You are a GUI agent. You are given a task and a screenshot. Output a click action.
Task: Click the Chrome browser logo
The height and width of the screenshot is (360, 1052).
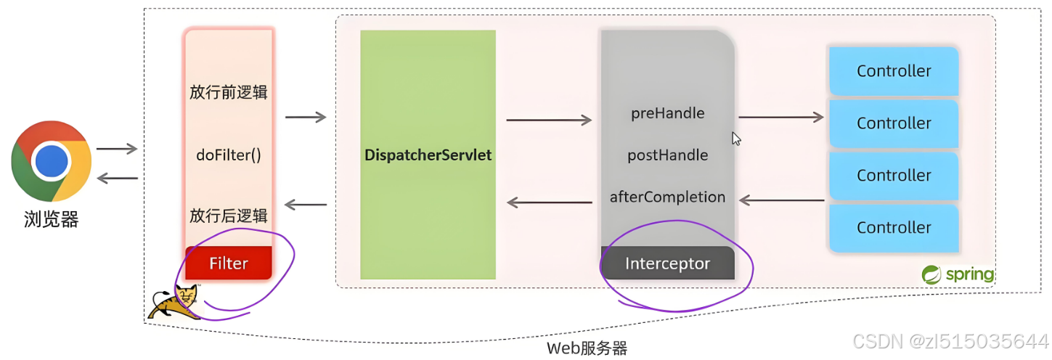[x=51, y=161]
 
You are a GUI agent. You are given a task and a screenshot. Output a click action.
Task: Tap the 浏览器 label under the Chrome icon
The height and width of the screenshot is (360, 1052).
[x=51, y=218]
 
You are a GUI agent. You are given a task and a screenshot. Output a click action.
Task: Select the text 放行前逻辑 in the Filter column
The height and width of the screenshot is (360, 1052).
[x=229, y=92]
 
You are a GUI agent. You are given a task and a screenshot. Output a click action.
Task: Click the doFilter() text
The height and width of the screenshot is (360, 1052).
[x=229, y=155]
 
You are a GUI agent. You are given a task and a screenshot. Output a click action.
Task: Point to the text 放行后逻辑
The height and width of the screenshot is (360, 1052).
[x=229, y=216]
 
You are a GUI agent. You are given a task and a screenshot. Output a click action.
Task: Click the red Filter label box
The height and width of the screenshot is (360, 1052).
[x=229, y=263]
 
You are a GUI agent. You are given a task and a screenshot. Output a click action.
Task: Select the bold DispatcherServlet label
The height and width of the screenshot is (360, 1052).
[x=428, y=155]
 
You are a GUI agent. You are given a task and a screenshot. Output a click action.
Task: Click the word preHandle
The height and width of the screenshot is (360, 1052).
[x=668, y=113]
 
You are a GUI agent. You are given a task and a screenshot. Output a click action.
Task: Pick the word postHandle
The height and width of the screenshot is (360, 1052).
[x=668, y=155]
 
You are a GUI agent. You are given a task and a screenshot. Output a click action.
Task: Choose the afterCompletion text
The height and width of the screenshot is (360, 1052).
[x=668, y=197]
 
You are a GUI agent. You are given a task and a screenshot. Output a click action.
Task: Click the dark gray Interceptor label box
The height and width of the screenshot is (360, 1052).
[x=668, y=263]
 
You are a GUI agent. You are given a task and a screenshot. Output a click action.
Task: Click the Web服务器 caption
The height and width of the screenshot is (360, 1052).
[x=587, y=348]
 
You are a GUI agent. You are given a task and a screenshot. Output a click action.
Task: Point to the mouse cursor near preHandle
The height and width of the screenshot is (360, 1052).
[x=735, y=138]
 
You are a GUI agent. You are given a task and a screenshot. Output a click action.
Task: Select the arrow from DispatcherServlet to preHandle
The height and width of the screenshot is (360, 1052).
[x=549, y=120]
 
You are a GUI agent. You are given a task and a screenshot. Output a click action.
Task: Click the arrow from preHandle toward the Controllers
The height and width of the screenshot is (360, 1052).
[x=781, y=117]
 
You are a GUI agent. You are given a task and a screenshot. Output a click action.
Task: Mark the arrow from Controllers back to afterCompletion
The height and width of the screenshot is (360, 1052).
[x=781, y=200]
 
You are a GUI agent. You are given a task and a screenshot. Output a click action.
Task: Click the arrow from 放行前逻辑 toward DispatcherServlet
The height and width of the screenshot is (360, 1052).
[x=306, y=117]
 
